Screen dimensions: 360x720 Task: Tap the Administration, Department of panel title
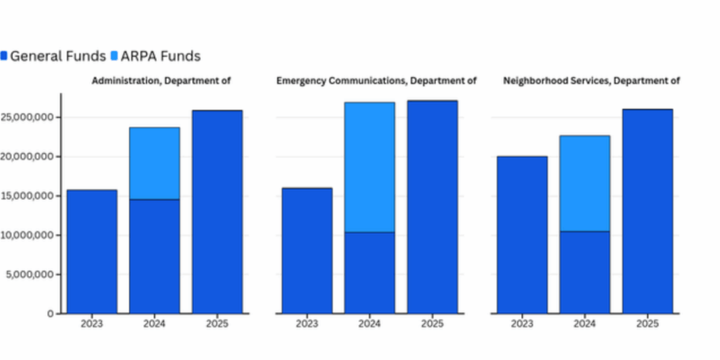click(161, 81)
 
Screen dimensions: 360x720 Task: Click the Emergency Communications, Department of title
click(376, 81)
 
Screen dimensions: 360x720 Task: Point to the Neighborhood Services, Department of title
click(591, 81)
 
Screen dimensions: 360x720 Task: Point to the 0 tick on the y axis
click(51, 313)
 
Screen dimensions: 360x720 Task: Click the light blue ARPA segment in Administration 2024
click(155, 163)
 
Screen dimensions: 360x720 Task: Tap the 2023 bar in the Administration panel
click(92, 251)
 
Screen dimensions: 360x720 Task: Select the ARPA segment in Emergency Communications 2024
click(370, 167)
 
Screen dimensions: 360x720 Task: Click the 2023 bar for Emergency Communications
click(307, 250)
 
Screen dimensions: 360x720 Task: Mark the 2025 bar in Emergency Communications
click(432, 206)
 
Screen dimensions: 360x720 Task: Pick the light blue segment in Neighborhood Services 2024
click(584, 183)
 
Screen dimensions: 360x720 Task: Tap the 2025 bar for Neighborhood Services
click(647, 211)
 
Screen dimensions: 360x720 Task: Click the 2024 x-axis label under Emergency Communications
click(370, 324)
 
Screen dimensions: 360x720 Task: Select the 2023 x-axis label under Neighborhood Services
click(522, 324)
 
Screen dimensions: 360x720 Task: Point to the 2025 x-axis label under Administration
click(217, 324)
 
